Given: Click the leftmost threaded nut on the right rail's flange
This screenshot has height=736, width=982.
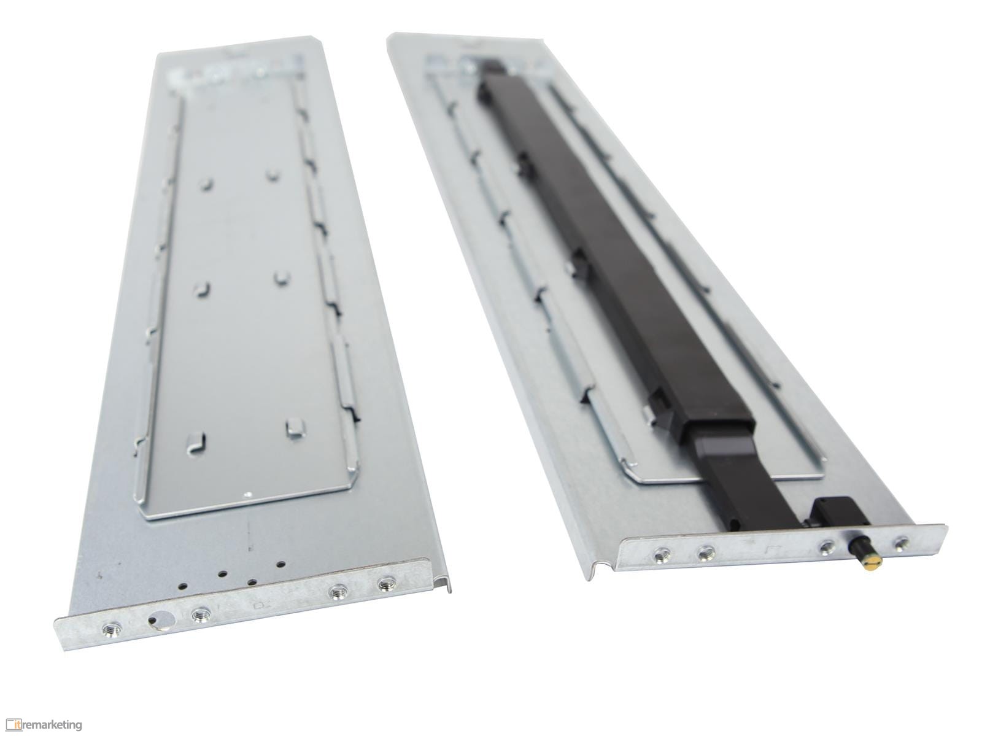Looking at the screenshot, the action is pyautogui.click(x=660, y=556).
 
